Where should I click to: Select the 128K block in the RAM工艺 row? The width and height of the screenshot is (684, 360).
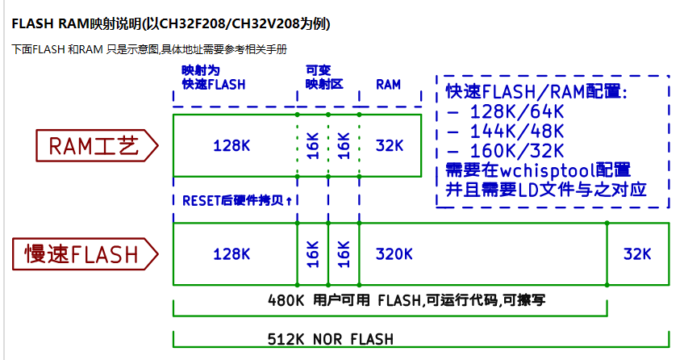pos(231,146)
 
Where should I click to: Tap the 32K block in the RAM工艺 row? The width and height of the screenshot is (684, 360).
pos(390,146)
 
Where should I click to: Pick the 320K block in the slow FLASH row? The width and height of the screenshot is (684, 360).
pos(394,254)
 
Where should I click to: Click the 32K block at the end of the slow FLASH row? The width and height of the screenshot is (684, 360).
pos(637,254)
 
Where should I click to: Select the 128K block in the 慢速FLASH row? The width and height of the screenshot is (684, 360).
pos(231,254)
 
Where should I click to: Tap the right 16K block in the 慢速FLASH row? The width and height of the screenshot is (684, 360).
pos(344,254)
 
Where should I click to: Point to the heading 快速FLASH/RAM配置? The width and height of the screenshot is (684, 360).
pos(536,91)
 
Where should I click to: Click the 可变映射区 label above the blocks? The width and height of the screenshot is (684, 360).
pos(319,77)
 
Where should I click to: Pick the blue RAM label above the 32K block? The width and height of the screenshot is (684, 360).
pos(388,84)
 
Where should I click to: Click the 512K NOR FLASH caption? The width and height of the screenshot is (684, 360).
pos(331,339)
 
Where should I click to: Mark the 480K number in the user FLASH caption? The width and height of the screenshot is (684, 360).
pos(286,300)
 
